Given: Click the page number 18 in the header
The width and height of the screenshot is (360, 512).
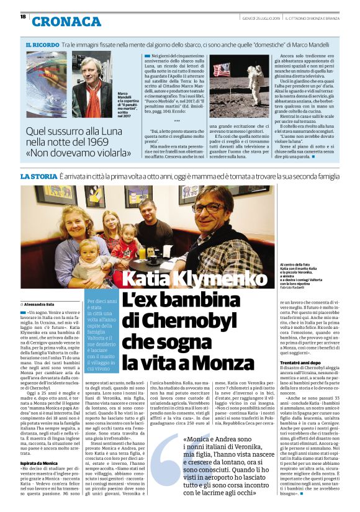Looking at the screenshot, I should pos(23,16).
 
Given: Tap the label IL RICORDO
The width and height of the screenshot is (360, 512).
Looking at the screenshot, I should pos(42,46).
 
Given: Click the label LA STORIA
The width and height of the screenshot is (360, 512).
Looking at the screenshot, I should pos(38,177).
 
